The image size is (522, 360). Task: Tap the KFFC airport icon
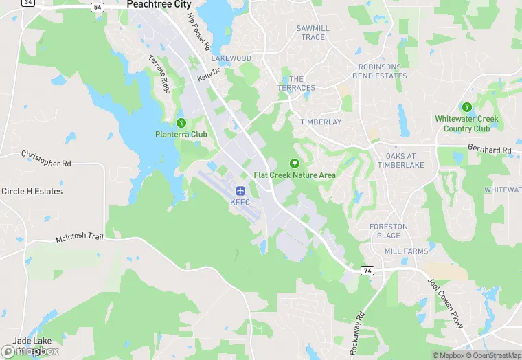point(240,190)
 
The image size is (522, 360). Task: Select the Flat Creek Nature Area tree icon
point(295,163)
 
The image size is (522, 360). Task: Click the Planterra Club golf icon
point(181,123)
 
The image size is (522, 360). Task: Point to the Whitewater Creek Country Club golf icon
point(467,107)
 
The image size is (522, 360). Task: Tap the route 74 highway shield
point(367,271)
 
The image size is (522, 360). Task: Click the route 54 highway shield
point(97,7)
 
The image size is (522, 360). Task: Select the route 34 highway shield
point(28,3)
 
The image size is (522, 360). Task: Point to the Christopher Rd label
point(46,159)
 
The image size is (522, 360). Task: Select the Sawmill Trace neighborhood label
point(313,32)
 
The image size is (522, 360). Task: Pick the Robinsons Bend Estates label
point(382,71)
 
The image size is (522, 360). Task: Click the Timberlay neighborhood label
point(321,122)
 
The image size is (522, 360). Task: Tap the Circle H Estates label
point(32,191)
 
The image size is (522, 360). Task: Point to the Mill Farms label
point(406,251)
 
